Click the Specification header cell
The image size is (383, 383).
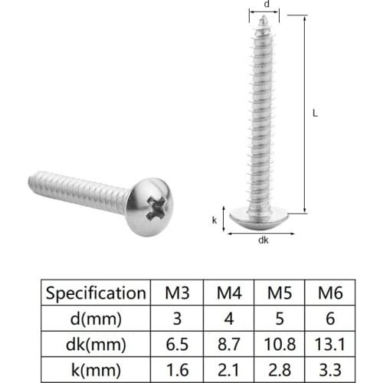tap(95, 293)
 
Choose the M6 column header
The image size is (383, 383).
tap(330, 293)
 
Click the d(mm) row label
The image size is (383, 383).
tap(95, 318)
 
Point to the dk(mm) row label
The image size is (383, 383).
tap(95, 343)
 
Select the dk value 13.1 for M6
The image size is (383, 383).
tap(330, 343)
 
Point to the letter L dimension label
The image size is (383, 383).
tap(315, 112)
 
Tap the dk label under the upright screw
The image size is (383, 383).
tap(264, 240)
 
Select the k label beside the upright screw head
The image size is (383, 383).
tap(214, 219)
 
